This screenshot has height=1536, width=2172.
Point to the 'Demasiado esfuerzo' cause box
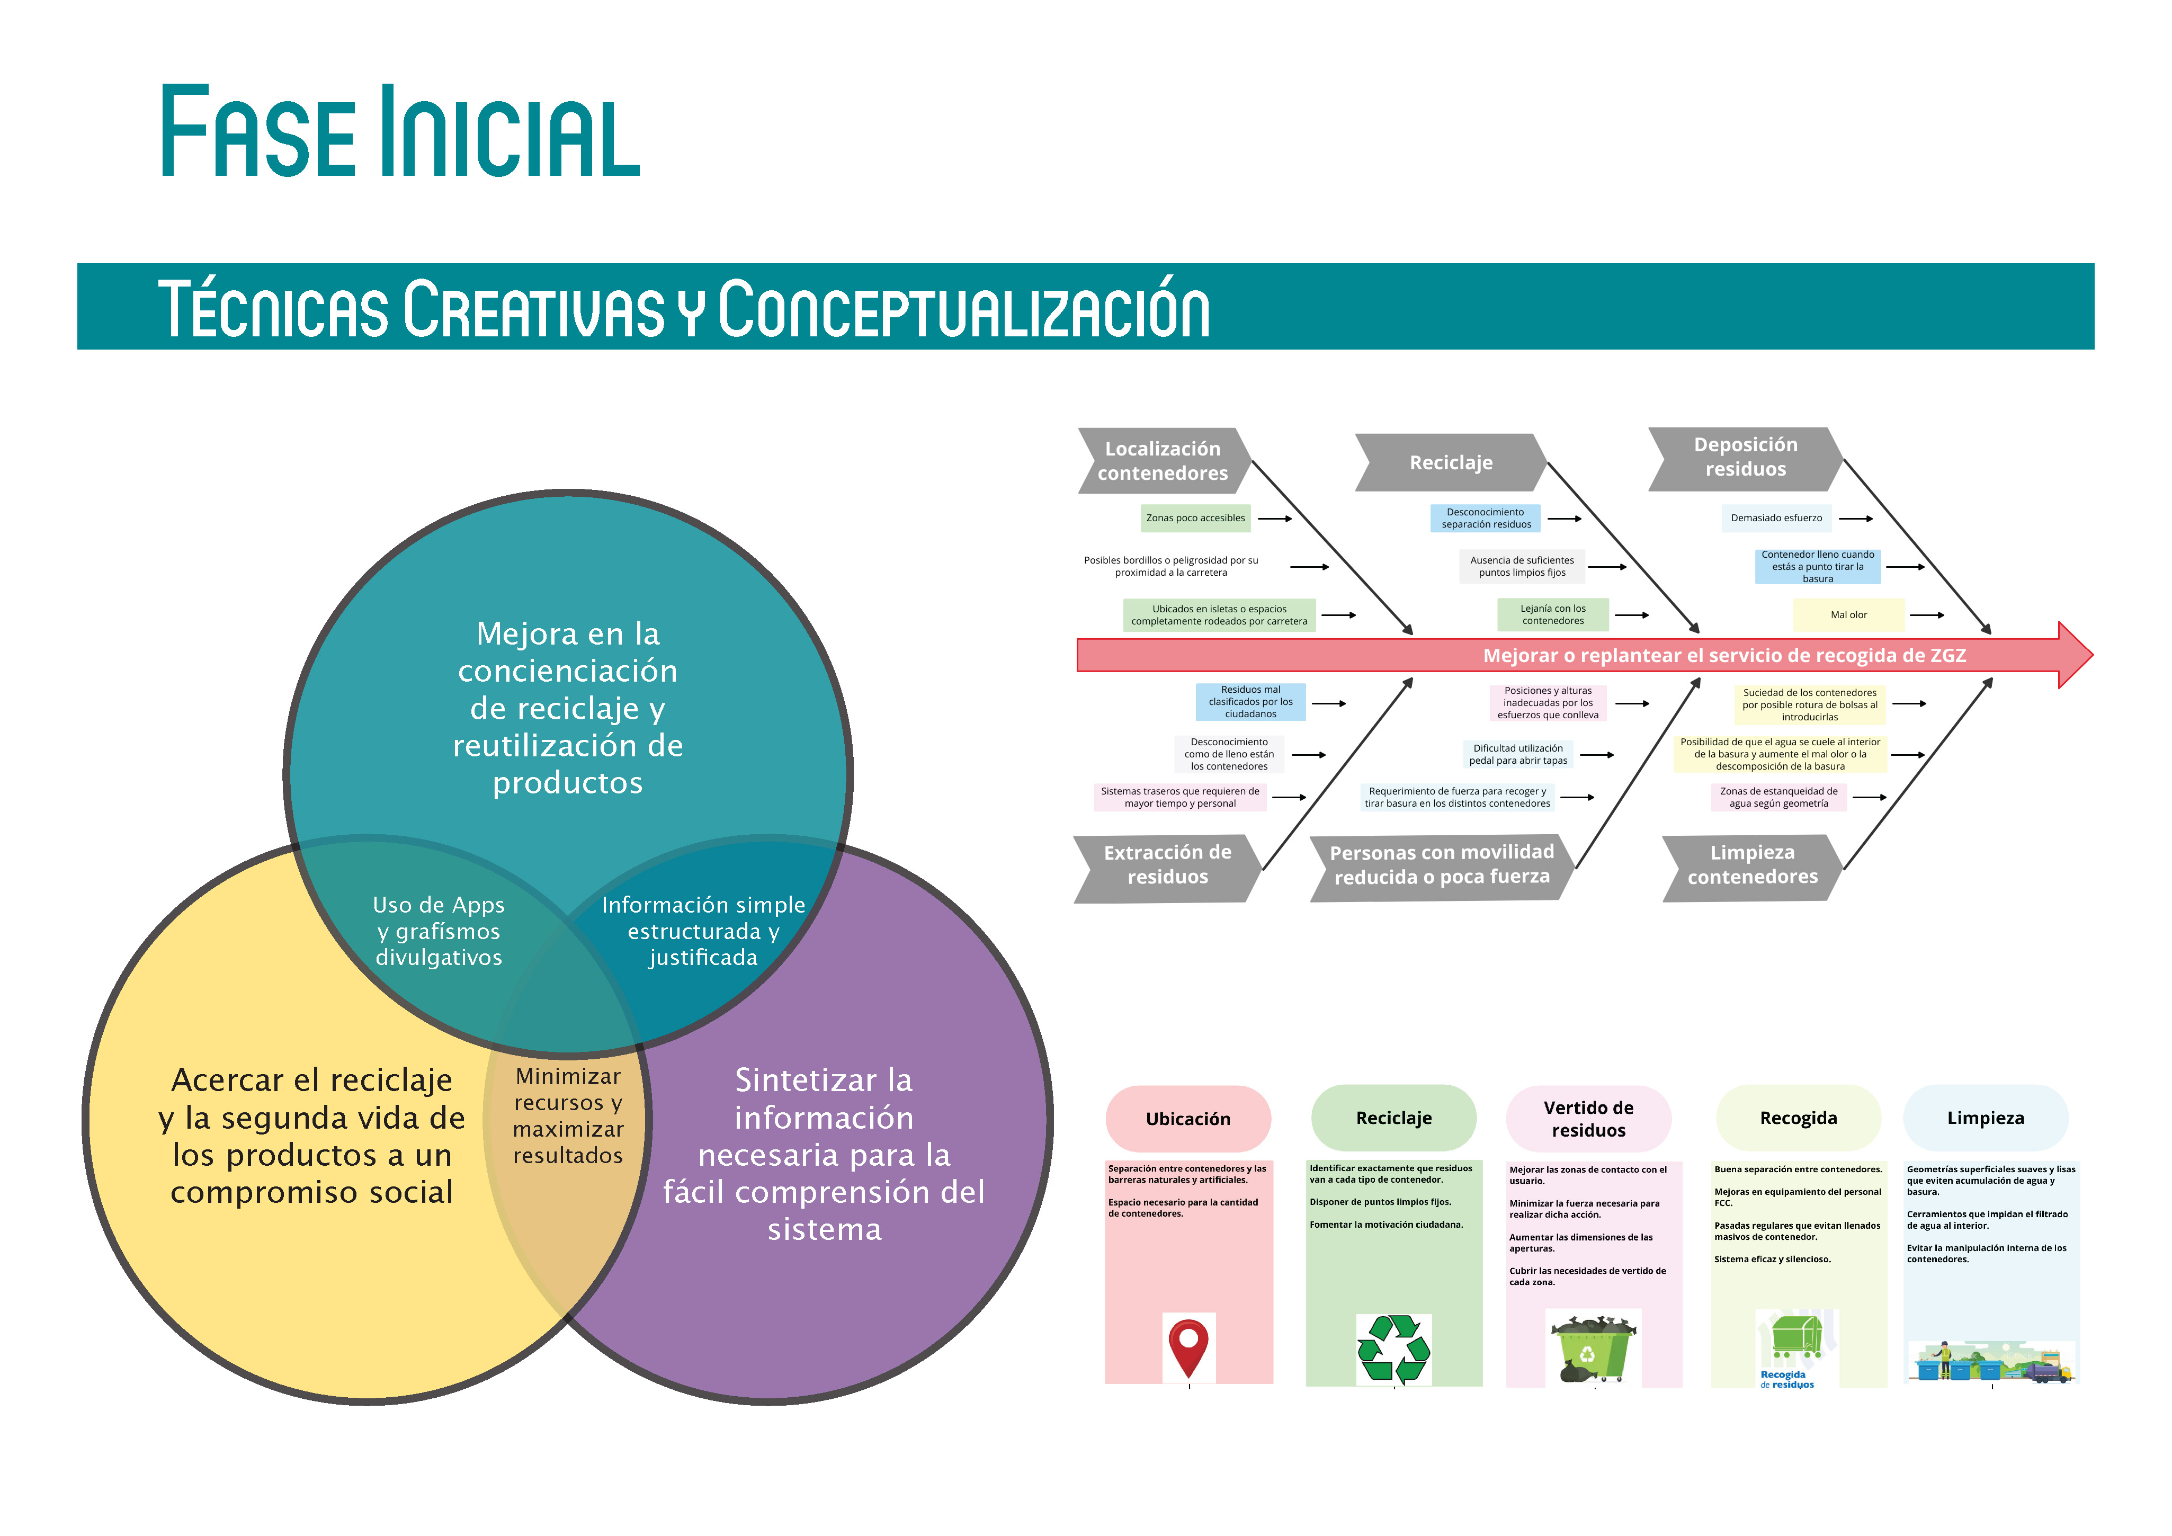tap(1776, 519)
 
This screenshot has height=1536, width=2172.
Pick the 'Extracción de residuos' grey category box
tap(1167, 864)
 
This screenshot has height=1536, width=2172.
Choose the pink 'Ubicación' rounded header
tap(1188, 1119)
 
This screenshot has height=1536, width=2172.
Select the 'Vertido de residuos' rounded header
tap(1588, 1119)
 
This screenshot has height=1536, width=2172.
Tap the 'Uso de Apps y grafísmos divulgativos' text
tap(439, 932)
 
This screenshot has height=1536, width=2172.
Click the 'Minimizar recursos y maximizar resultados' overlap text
tap(568, 1116)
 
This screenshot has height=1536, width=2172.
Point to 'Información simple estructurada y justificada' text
tap(703, 932)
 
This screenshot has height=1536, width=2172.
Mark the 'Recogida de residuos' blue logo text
tap(1786, 1380)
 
